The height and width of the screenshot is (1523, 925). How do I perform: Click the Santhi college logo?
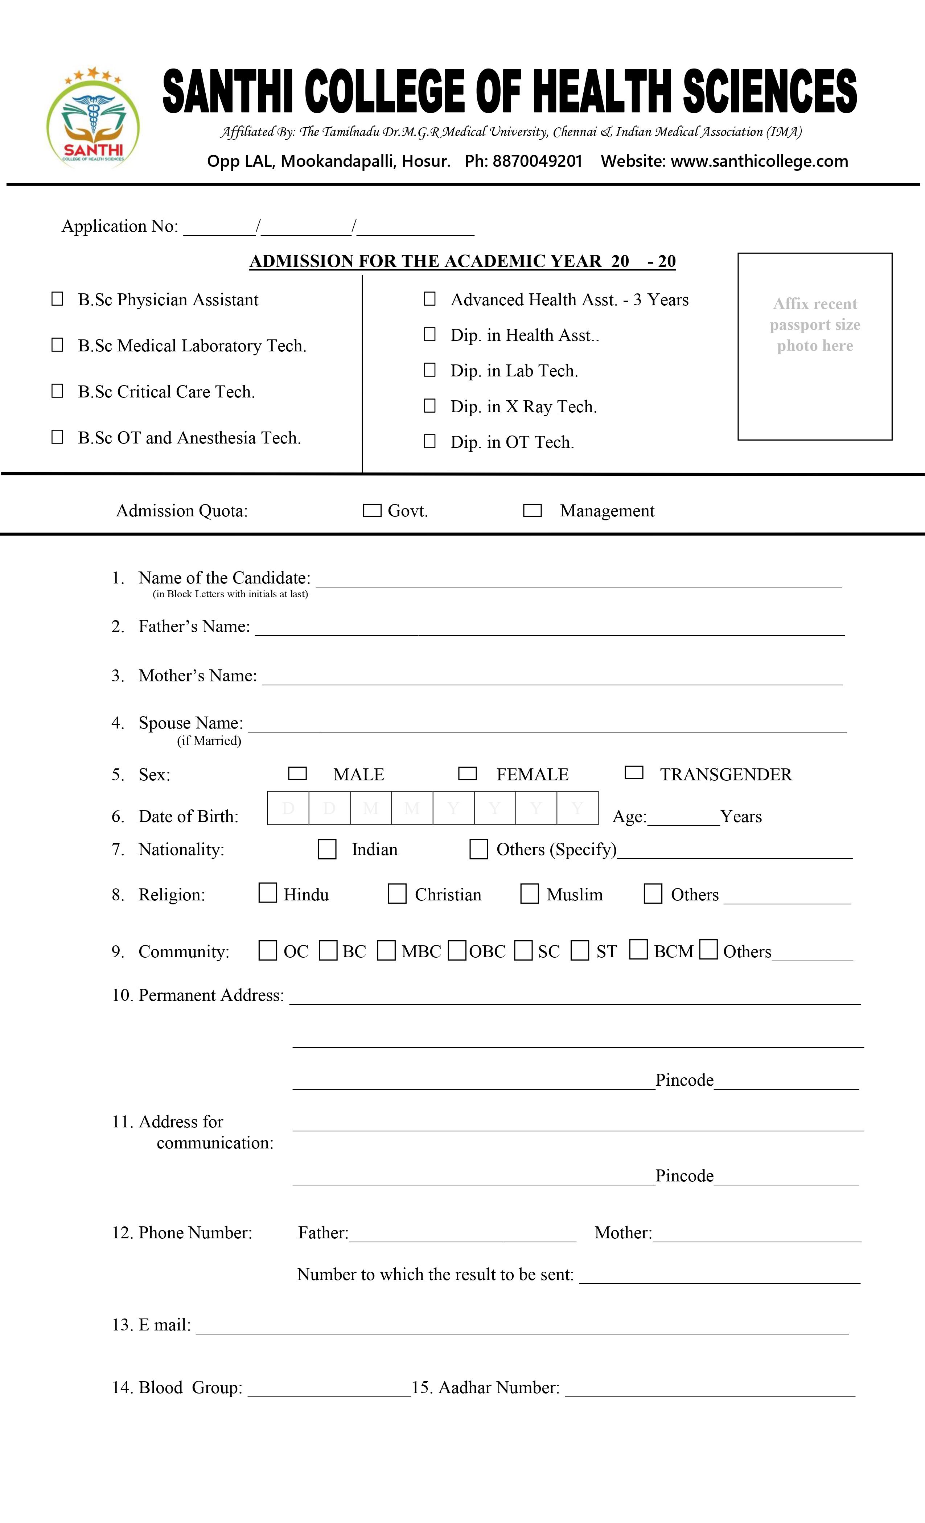point(93,117)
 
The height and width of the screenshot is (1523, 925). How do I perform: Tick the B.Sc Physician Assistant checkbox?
point(57,299)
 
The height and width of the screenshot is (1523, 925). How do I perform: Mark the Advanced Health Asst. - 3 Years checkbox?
point(430,299)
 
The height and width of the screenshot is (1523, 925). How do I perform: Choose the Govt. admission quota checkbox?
point(371,511)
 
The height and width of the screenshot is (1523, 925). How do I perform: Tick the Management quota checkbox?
point(533,511)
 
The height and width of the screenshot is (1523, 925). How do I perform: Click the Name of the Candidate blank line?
point(578,580)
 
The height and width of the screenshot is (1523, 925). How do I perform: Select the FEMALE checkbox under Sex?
point(468,773)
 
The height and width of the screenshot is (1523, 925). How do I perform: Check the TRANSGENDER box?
point(634,773)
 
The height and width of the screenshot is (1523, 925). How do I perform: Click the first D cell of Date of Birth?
point(288,808)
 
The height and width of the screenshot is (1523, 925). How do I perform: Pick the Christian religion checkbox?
point(397,894)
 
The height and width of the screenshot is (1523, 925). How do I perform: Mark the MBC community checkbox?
point(386,950)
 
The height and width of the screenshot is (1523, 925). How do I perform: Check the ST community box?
point(579,950)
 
